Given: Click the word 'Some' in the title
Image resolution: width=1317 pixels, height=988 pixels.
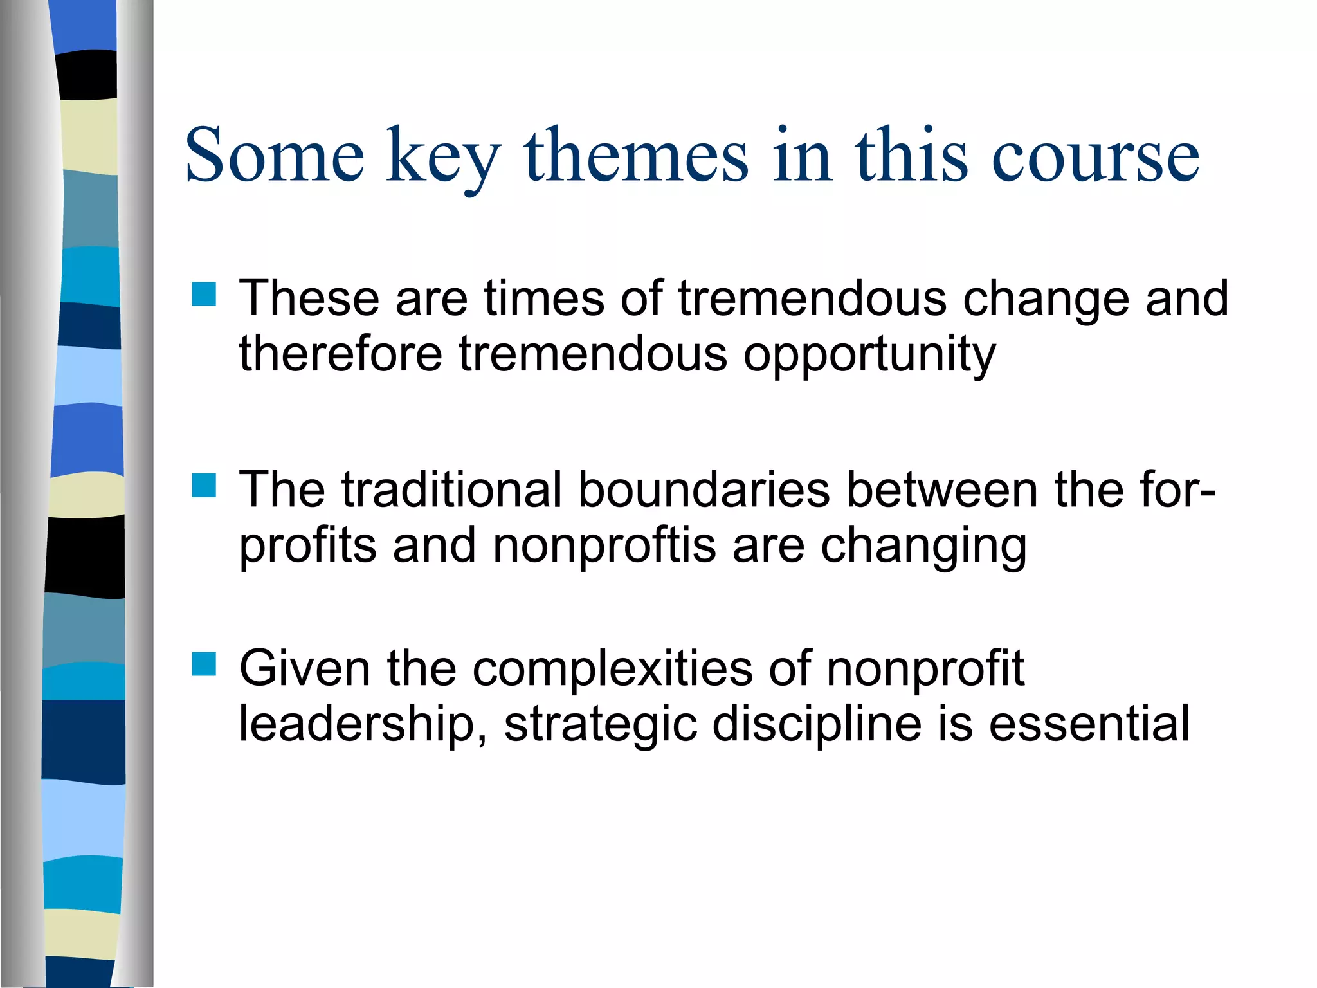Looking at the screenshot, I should coord(275,155).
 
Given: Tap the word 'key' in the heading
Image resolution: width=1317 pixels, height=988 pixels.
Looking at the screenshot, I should coord(444,158).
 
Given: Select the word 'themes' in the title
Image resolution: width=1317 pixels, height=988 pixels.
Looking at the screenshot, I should coord(637,155).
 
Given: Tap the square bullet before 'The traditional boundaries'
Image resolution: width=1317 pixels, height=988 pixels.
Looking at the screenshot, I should coord(204,486).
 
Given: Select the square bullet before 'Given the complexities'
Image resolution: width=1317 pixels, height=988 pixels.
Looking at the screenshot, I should coord(204,664).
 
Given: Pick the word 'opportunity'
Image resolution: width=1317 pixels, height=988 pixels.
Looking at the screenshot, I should coord(869,356).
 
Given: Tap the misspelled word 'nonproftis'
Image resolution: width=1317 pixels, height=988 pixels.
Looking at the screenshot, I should coord(604,545).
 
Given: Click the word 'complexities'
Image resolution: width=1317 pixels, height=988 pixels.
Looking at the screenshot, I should coord(612,668).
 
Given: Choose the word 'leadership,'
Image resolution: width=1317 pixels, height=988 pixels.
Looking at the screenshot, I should coord(363,725).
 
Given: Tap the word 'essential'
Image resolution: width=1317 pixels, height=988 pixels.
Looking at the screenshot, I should coord(1089,724).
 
